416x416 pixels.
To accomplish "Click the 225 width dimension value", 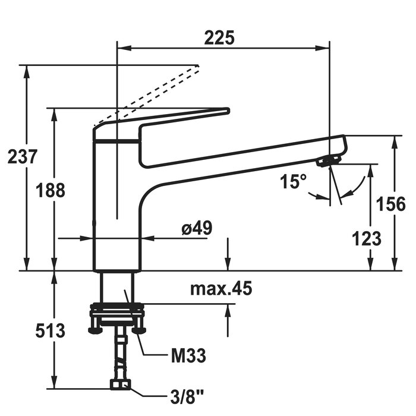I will coord(219,37).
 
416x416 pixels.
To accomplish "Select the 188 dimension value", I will coord(49,191).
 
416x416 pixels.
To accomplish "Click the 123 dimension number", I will coord(367,238).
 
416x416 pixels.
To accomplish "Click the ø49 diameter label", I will coord(197,227).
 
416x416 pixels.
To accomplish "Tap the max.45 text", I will coord(221,289).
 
